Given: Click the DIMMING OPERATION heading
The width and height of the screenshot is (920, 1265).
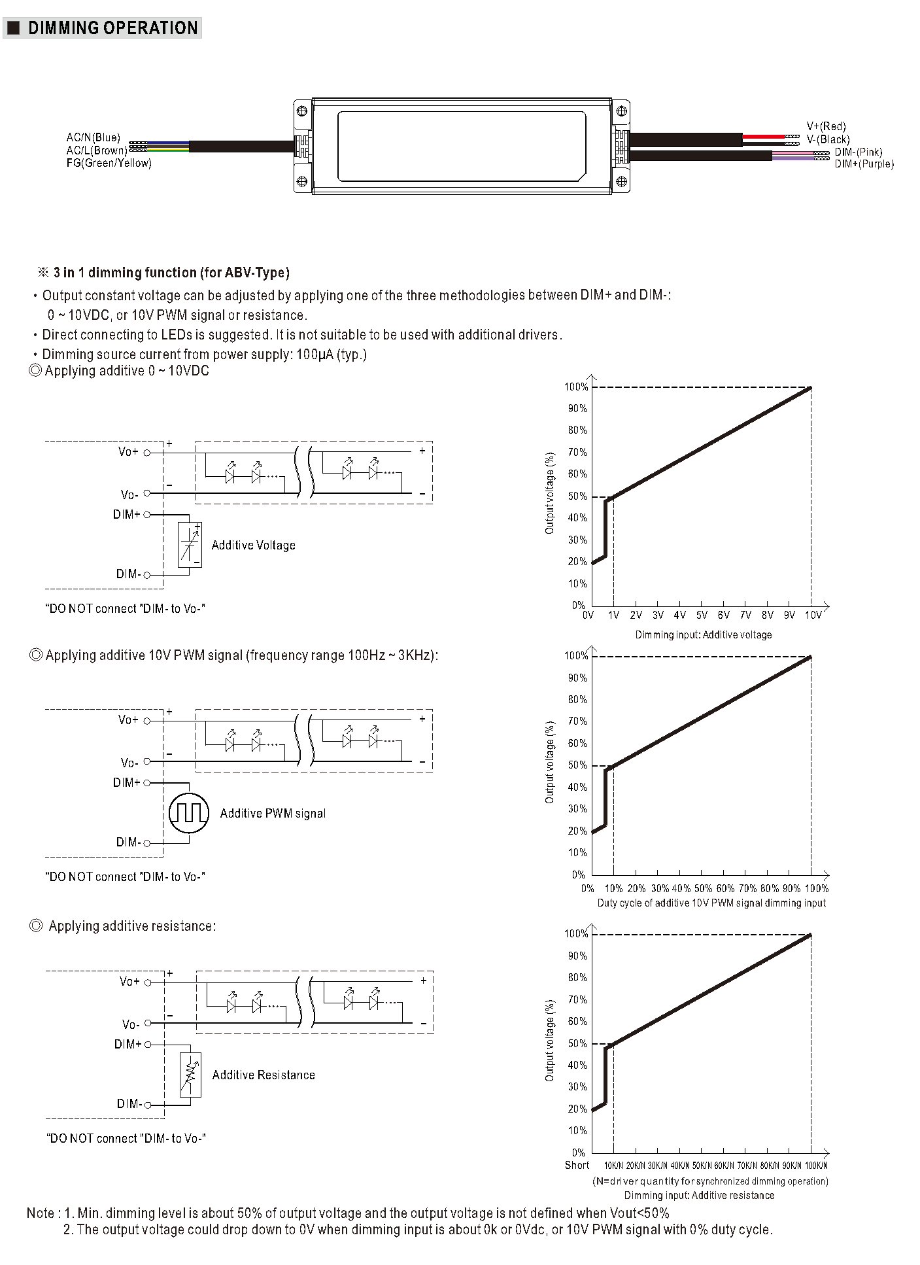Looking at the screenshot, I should pos(112,28).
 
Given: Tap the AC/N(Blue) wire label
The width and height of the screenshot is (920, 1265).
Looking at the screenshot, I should pos(93,137).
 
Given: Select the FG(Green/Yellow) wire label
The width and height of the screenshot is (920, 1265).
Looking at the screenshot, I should pos(109,163).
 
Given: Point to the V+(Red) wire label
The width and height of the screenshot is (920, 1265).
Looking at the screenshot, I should pos(826,126).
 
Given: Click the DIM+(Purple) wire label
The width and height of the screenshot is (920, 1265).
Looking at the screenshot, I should pos(864,164).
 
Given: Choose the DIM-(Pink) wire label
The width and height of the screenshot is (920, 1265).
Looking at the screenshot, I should pos(858,152).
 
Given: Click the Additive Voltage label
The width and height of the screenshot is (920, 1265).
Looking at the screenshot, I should pos(253,546).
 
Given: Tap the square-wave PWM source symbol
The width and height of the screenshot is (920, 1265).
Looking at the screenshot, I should pos(188,813).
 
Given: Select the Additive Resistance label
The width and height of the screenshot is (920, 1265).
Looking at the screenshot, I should pos(264,1075).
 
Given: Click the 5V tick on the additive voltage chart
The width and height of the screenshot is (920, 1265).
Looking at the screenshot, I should pos(702,615).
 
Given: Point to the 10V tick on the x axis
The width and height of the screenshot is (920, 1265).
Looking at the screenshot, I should pos(813,615).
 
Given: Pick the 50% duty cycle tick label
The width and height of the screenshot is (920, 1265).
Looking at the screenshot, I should pos(703,888).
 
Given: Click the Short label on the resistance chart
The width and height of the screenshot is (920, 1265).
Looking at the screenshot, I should pos(577,1165).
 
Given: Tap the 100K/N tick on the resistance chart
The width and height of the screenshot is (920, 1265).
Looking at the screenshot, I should pos(816,1166).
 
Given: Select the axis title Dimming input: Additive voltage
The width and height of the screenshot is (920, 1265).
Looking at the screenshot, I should pos(703,634).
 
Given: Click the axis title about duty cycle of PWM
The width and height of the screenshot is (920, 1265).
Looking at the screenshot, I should pos(711,903).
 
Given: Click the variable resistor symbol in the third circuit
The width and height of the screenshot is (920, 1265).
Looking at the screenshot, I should pos(190,1074).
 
